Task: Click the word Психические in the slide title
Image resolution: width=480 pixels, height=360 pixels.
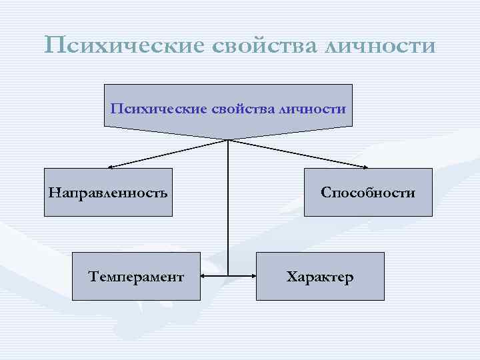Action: pos(124,45)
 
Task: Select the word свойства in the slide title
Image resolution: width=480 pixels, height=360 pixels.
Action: pos(264,45)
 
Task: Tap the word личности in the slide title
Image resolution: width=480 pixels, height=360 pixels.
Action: pos(381,45)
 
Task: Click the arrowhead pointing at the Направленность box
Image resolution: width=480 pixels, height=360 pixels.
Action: pos(111,166)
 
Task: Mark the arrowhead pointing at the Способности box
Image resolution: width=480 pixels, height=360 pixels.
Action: pos(365,166)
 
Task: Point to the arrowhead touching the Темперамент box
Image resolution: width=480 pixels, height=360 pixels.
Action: pos(205,275)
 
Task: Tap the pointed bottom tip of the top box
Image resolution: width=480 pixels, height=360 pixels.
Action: pos(229,139)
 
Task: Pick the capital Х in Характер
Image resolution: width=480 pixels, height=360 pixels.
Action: pos(291,277)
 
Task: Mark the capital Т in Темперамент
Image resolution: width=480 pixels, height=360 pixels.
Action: pos(93,277)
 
